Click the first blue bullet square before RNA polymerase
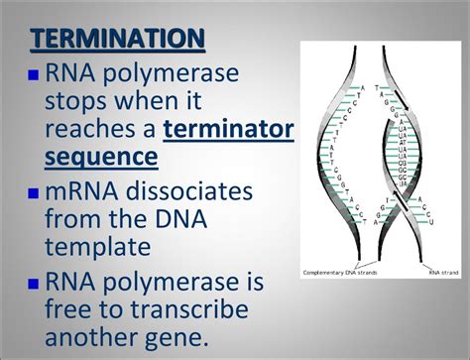pyautogui.click(x=35, y=75)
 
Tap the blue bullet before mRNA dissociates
pyautogui.click(x=35, y=192)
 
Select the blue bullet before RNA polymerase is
pyautogui.click(x=35, y=281)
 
